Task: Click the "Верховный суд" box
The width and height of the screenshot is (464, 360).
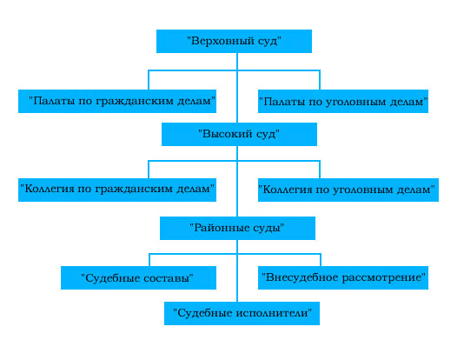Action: pos(234,41)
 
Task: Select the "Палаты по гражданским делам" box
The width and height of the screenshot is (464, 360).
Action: pos(117,101)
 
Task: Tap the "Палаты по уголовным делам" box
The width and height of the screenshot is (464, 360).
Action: pos(343,101)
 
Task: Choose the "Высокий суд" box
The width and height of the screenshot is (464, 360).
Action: pos(239,134)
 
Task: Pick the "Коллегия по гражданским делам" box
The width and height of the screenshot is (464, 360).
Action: pos(117,190)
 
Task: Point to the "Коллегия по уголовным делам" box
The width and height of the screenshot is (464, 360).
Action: pos(348,190)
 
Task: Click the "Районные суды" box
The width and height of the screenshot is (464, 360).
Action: pos(237,228)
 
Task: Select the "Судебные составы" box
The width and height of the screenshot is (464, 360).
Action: pos(138,277)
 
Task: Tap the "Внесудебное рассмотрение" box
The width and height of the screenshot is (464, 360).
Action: pos(343,277)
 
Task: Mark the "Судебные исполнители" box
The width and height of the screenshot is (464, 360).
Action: pos(242,313)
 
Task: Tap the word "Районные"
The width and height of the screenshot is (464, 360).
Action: pos(220,228)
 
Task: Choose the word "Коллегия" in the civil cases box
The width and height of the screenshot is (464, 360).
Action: pos(50,189)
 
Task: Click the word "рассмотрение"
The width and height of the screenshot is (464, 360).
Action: pos(381,278)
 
